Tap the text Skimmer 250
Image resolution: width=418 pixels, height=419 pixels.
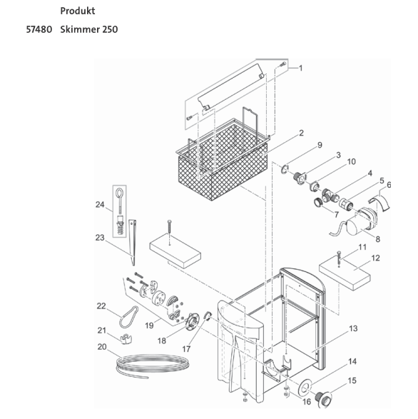click(x=89, y=29)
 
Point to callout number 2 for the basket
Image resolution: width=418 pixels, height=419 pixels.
click(x=301, y=133)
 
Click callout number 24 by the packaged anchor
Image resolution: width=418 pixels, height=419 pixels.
click(x=99, y=204)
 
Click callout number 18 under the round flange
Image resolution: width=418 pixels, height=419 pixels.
click(x=162, y=341)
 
